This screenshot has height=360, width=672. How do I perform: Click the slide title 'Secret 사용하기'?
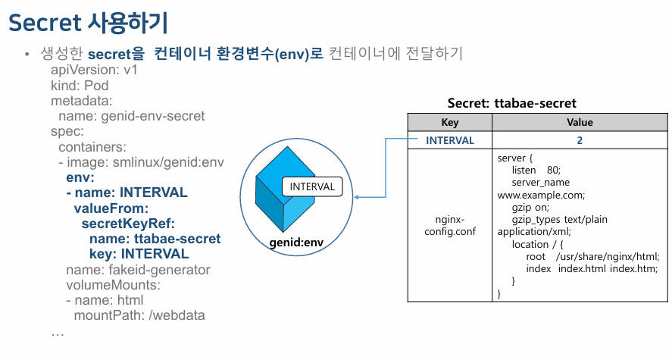point(88,23)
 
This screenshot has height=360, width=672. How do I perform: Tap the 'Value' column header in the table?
point(580,122)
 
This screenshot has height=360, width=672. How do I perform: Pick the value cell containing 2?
point(580,140)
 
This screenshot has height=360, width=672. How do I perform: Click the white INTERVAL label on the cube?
point(312,186)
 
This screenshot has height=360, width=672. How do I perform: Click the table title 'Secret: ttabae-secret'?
point(511,103)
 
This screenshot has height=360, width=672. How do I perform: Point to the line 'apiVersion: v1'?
point(93,70)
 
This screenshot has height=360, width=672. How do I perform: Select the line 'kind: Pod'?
point(80,86)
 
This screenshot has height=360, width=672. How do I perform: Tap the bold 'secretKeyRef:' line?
point(128,224)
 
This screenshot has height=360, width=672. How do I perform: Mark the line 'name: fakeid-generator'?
point(138,270)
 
